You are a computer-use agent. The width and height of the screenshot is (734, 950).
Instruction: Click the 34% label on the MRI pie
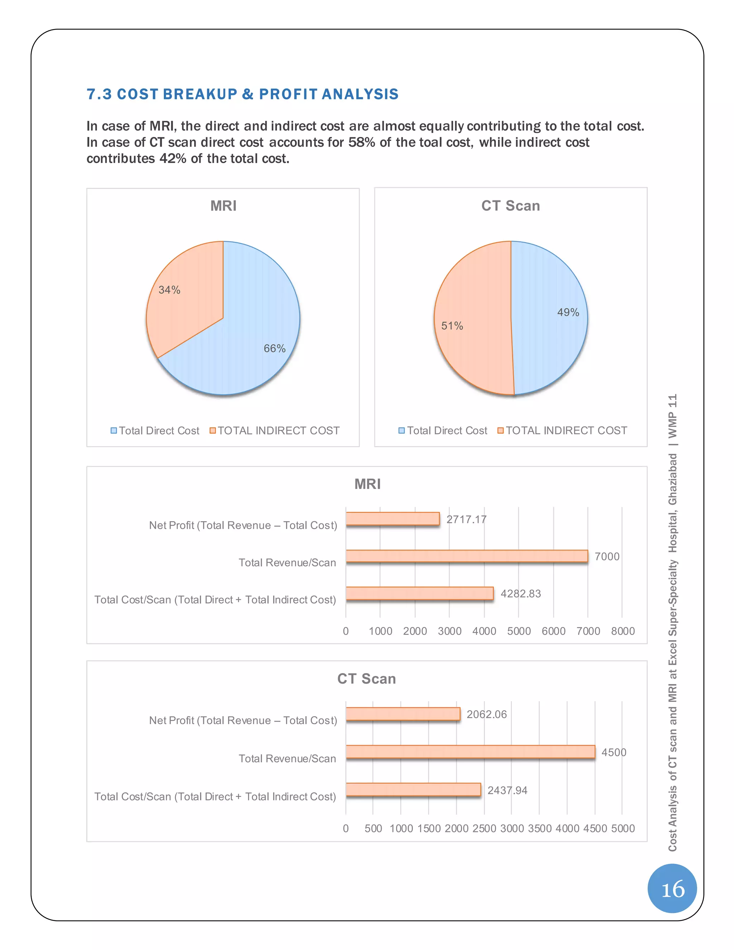[169, 290]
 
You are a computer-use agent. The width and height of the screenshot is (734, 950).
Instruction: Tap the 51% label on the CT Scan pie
[452, 326]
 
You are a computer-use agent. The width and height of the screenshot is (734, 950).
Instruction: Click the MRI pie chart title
[223, 206]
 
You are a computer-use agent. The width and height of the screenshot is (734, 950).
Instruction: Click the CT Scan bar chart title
[367, 679]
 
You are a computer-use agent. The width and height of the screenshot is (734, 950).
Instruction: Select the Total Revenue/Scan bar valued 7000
[467, 556]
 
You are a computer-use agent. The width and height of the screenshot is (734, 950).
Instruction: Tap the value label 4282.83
[520, 594]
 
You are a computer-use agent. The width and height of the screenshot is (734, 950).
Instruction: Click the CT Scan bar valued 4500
[470, 752]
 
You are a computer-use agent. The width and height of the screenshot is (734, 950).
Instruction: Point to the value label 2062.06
[487, 714]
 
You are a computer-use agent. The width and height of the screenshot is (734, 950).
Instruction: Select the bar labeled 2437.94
[413, 789]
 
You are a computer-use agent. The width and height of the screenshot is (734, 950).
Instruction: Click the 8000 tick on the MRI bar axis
[623, 631]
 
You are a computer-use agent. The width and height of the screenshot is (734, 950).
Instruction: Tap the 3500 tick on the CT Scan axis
[540, 828]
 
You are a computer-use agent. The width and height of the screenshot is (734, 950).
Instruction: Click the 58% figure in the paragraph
[361, 143]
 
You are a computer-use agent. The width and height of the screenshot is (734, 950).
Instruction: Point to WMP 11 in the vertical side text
[673, 416]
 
